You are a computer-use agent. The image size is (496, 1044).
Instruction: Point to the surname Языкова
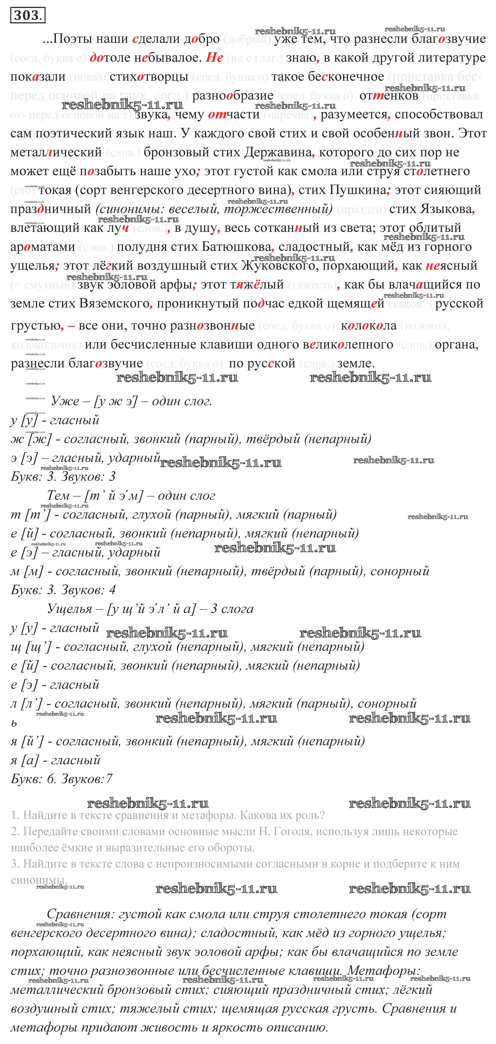pos(446,209)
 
